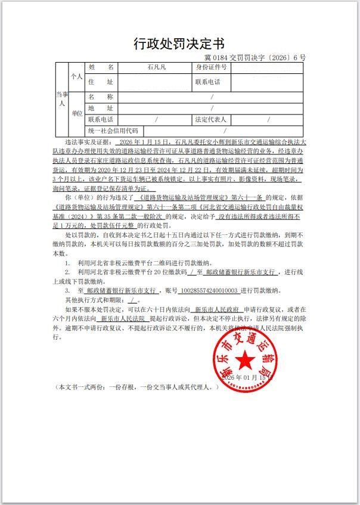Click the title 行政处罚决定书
(x=179, y=44)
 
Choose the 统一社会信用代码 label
(x=113, y=131)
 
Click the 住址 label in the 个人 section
(x=100, y=82)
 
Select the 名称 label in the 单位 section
(x=100, y=96)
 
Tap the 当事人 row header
(x=61, y=99)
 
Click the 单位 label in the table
(x=77, y=113)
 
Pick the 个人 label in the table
(x=77, y=76)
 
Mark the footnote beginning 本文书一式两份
(x=138, y=387)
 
